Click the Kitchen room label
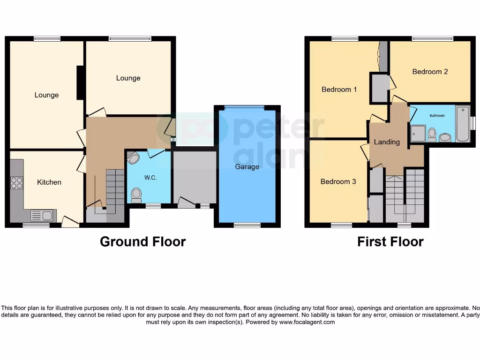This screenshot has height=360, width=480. tap(49, 182)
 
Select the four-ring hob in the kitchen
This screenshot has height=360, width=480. tap(16, 183)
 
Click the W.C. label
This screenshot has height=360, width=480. tap(150, 178)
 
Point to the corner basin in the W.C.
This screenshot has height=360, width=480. tap(133, 158)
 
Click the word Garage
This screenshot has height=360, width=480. tap(247, 167)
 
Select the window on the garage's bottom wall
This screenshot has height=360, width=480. tap(247, 225)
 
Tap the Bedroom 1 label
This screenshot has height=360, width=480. tap(339, 90)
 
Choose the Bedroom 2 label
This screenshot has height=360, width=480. tap(430, 72)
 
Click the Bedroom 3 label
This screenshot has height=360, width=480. tap(338, 181)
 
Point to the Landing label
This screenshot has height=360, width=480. tap(387, 142)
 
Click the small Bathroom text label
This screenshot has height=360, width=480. tap(437, 115)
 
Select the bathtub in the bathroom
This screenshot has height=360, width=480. tap(462, 124)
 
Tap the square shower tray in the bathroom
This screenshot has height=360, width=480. tap(418, 133)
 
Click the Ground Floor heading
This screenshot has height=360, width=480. tap(142, 241)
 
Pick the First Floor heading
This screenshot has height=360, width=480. tap(390, 241)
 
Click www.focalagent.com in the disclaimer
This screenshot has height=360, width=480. tap(307, 322)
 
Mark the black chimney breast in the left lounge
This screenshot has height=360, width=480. tap(81, 82)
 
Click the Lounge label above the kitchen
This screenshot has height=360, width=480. tap(47, 95)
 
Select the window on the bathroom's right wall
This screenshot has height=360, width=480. tap(472, 123)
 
